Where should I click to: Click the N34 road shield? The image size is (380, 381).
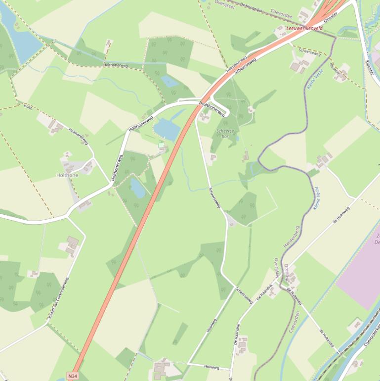[x=73, y=376]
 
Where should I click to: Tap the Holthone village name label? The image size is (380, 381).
[x=67, y=175]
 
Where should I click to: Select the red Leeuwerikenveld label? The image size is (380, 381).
[x=304, y=29]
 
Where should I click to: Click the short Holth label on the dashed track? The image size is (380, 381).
[x=28, y=106]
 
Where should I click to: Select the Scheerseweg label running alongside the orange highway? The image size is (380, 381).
[x=246, y=64]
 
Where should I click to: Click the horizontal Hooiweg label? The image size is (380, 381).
[x=211, y=367]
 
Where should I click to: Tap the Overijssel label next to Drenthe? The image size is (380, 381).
[x=277, y=269]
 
